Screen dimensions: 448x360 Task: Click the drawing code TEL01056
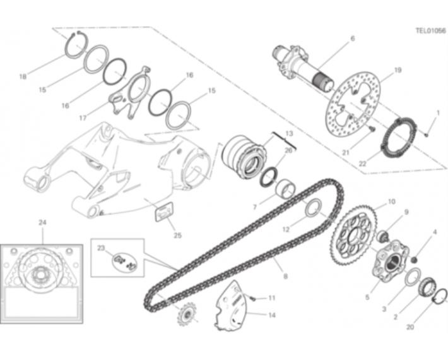[430, 30]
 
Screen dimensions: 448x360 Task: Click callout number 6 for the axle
[353, 39]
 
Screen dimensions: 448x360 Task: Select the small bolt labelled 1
[427, 134]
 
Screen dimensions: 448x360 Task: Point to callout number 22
[363, 164]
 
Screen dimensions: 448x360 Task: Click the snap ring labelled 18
[76, 45]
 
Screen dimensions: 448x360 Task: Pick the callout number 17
[83, 118]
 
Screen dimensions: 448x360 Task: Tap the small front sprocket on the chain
[186, 315]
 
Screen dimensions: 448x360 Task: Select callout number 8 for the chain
[285, 276]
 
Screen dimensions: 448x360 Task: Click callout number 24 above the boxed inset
[42, 222]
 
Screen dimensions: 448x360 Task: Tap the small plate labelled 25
[164, 212]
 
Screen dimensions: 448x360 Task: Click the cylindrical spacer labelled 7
[285, 189]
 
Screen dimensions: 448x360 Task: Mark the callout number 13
[289, 133]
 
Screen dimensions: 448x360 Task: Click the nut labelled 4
[413, 260]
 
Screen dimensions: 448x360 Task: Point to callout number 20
[410, 327]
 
